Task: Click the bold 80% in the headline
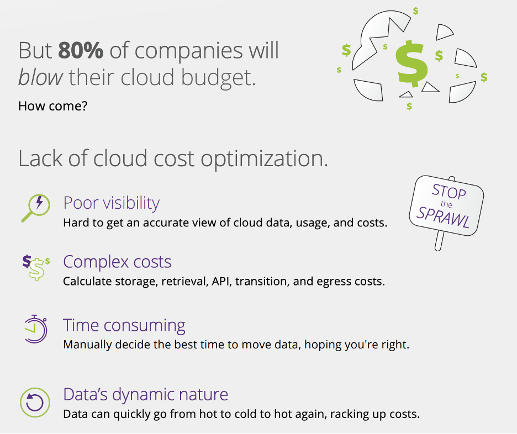click(81, 51)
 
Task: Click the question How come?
click(52, 105)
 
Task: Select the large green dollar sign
click(412, 61)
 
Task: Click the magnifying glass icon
click(35, 208)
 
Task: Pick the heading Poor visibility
click(112, 203)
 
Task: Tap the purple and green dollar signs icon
click(35, 266)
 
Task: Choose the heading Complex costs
click(117, 261)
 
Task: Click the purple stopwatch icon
click(35, 329)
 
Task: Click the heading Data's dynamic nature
click(145, 394)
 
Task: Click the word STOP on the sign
click(449, 192)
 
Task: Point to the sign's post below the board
click(440, 242)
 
